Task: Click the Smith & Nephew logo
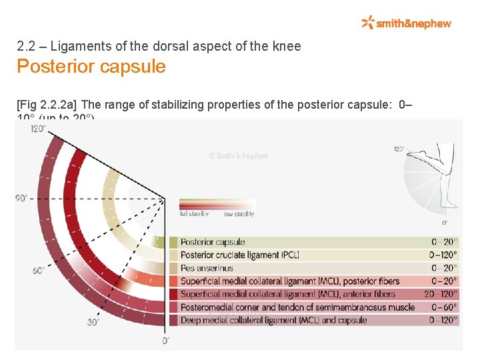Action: (406, 23)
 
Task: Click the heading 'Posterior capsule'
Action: (91, 67)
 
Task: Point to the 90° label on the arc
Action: (22, 198)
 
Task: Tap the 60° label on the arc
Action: (38, 270)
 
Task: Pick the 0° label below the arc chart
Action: (165, 341)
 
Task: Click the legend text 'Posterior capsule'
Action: (213, 242)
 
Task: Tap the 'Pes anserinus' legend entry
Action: (207, 268)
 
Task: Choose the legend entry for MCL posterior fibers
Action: (289, 281)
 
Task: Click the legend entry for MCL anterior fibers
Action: (287, 294)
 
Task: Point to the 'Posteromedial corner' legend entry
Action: (297, 307)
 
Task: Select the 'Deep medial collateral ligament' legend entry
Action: (273, 320)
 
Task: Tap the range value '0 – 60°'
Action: (445, 307)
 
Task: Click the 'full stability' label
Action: (194, 214)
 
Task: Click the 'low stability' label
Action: (238, 214)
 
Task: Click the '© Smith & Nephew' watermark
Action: (238, 156)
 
